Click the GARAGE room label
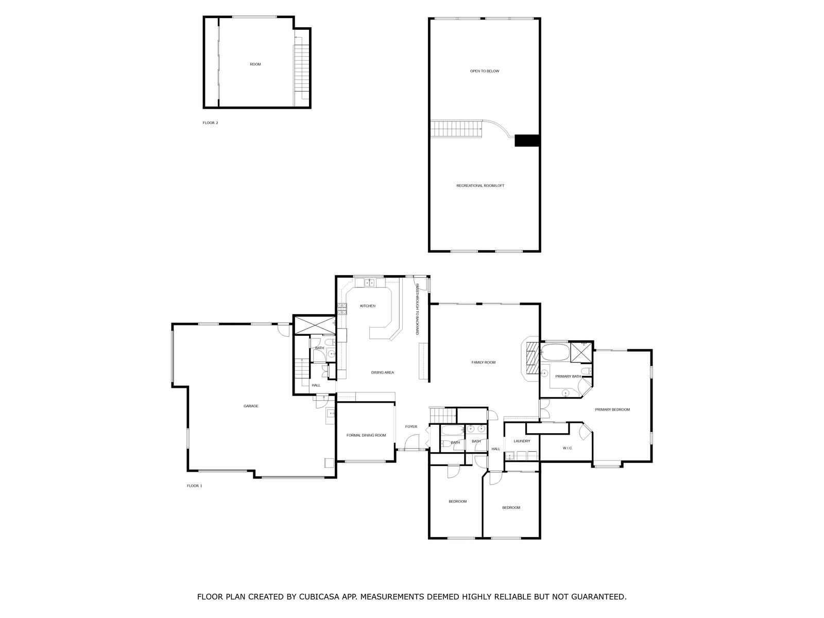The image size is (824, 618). pyautogui.click(x=251, y=406)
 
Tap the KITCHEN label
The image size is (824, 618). pyautogui.click(x=368, y=306)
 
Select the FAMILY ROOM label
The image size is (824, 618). pyautogui.click(x=484, y=363)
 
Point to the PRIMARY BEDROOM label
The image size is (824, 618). pyautogui.click(x=612, y=410)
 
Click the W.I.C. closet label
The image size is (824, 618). pyautogui.click(x=567, y=448)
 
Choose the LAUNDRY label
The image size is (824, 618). pyautogui.click(x=522, y=441)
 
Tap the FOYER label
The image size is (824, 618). pyautogui.click(x=411, y=426)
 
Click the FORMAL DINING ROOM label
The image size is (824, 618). pyautogui.click(x=366, y=435)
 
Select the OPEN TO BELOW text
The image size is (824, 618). pyautogui.click(x=485, y=71)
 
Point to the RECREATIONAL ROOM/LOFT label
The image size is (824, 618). pyautogui.click(x=480, y=186)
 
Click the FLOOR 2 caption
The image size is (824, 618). pyautogui.click(x=210, y=123)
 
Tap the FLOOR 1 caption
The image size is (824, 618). pyautogui.click(x=195, y=486)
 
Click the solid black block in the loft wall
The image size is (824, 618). pyautogui.click(x=527, y=140)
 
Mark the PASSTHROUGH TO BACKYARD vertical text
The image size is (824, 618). pyautogui.click(x=417, y=309)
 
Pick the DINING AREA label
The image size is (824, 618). pyautogui.click(x=383, y=372)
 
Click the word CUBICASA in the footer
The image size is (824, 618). pyautogui.click(x=318, y=596)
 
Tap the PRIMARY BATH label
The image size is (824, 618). pyautogui.click(x=568, y=376)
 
